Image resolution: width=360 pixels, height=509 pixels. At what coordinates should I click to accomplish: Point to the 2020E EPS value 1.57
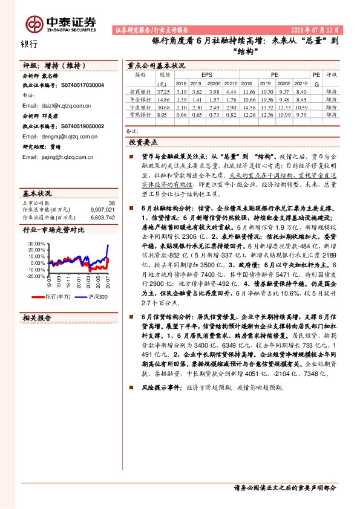tap(212, 99)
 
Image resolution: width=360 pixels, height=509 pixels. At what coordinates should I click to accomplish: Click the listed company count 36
tap(111, 203)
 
